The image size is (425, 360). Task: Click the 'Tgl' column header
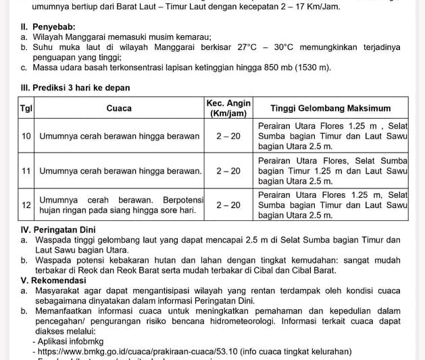(x=26, y=108)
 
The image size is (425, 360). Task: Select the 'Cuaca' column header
(x=119, y=108)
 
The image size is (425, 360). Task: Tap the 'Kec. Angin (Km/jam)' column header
(x=228, y=108)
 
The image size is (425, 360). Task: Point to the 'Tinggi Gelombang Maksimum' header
(x=330, y=108)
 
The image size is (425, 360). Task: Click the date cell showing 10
(x=26, y=136)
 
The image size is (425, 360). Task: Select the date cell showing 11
(x=26, y=171)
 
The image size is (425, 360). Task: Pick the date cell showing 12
(x=26, y=205)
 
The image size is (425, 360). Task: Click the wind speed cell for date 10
(x=228, y=136)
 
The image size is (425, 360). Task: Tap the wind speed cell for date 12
(x=228, y=205)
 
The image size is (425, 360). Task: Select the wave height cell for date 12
(x=330, y=205)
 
